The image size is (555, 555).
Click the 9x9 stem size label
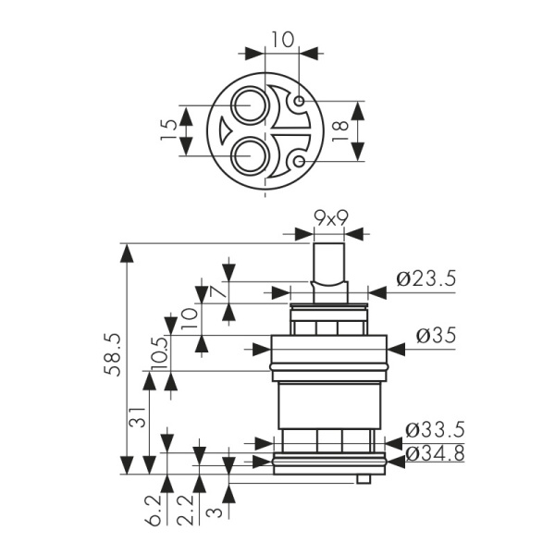330,218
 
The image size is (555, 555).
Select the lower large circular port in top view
248,154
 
